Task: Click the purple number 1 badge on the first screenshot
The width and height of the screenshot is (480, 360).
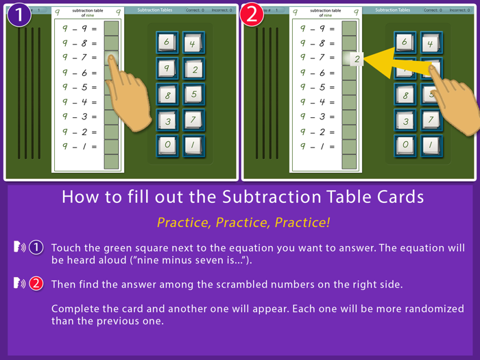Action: click(19, 14)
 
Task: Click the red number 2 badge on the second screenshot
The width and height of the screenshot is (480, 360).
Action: click(252, 14)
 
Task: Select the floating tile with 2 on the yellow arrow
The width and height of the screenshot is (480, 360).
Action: click(357, 59)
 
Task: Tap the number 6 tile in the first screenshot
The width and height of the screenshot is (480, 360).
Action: click(167, 43)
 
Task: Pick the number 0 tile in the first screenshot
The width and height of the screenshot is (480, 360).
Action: click(167, 145)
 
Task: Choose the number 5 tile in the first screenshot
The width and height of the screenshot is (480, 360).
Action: click(193, 94)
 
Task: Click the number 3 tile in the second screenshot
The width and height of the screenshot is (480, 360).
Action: click(405, 121)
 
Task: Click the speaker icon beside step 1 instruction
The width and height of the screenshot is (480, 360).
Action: click(19, 247)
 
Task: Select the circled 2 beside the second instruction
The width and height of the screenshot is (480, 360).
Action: click(36, 284)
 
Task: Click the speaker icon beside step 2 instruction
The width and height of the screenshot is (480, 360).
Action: click(19, 284)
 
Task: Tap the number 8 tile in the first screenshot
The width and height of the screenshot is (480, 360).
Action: click(167, 94)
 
